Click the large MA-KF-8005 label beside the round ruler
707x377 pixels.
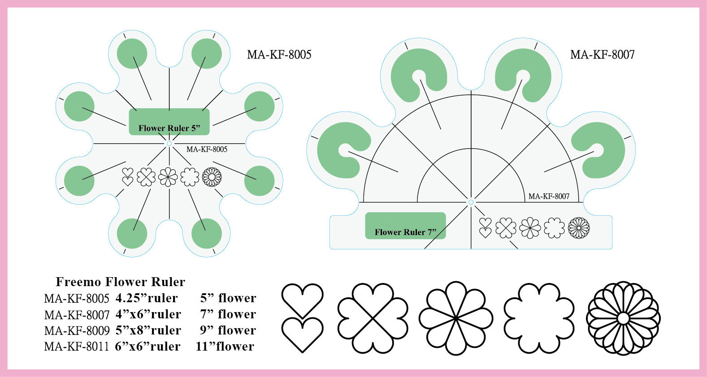(x=279, y=55)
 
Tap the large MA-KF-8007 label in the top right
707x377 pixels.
(x=602, y=55)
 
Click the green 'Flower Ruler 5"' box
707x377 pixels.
(x=169, y=121)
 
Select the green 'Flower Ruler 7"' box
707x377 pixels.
(x=405, y=226)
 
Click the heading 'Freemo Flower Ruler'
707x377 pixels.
(x=120, y=282)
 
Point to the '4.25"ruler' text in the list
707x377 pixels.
(x=147, y=298)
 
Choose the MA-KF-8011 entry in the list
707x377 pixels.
(x=77, y=347)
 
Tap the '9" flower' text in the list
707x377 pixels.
(x=228, y=330)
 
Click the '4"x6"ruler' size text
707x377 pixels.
(x=148, y=314)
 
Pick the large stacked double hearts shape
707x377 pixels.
(x=302, y=318)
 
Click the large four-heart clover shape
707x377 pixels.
(x=373, y=318)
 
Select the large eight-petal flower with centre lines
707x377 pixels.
(x=455, y=318)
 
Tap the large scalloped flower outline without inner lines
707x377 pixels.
(x=539, y=318)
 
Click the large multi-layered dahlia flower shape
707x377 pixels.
(x=623, y=318)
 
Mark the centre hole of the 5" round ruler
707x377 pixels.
(x=169, y=143)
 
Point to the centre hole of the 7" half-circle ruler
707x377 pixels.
(x=471, y=202)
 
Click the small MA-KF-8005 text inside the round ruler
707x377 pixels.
(x=207, y=150)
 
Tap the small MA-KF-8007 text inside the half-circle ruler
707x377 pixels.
(x=549, y=196)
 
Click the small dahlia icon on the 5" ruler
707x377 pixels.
(x=212, y=177)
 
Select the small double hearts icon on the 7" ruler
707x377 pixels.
(x=485, y=227)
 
